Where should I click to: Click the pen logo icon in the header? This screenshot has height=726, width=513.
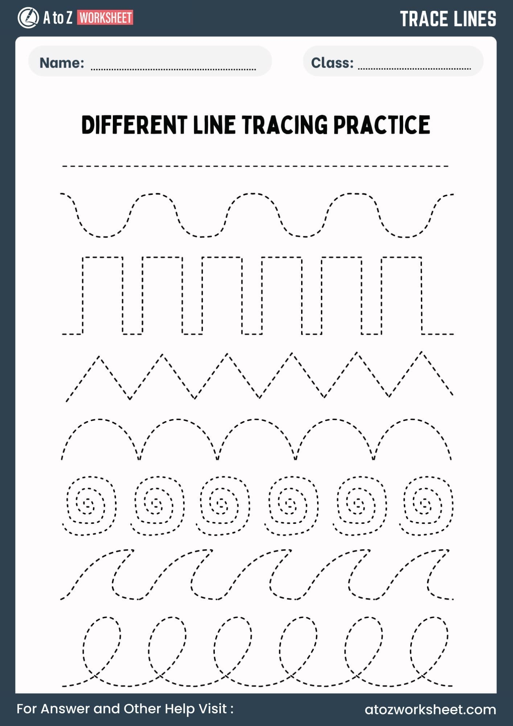pos(28,18)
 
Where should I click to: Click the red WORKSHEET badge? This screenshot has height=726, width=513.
pos(105,18)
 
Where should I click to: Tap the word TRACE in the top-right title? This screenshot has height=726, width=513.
pos(423,19)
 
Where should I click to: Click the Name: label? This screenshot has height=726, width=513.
pos(62,63)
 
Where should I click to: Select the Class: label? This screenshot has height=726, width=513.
pos(332,63)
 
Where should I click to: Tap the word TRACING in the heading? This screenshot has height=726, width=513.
pos(285,125)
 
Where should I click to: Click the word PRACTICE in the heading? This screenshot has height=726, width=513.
pos(382,125)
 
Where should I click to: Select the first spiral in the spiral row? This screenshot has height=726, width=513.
pos(89,505)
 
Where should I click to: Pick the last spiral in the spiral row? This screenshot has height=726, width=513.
pos(426,505)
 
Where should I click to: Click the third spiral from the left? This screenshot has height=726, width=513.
pos(223,505)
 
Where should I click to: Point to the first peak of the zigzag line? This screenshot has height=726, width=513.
pos(98,357)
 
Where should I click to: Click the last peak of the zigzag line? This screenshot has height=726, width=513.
pos(421,352)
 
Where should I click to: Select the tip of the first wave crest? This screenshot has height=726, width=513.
pos(133,550)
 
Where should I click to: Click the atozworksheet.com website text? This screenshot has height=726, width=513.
pos(430,709)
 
